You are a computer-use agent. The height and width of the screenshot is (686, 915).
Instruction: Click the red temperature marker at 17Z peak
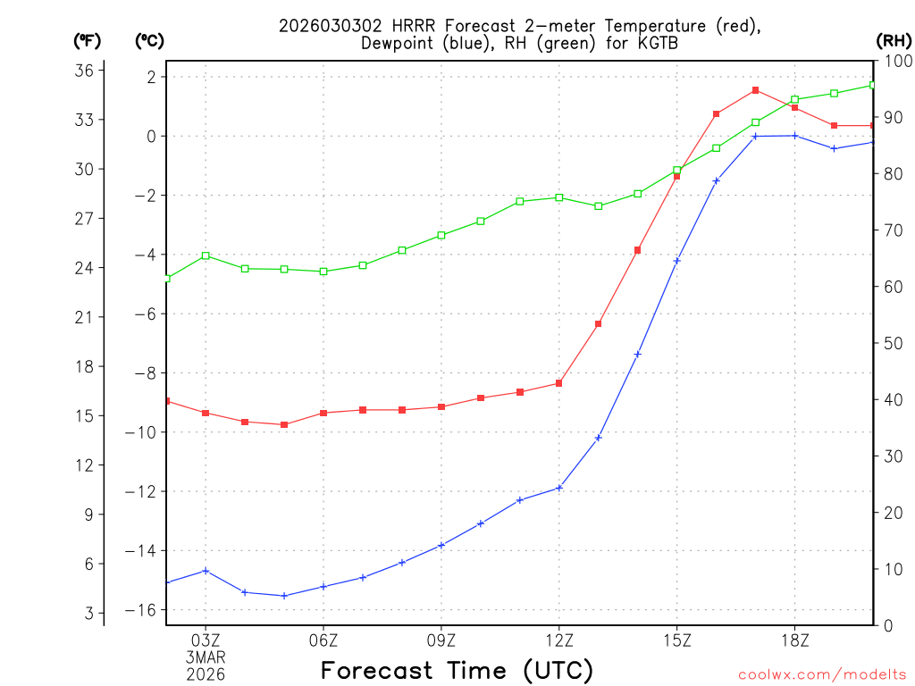[x=755, y=90]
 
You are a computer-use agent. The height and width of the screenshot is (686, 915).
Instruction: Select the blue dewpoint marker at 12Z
[x=559, y=488]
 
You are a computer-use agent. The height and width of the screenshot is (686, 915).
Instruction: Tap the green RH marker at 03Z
[x=206, y=255]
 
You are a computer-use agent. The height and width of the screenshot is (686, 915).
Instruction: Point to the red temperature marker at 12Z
[x=559, y=383]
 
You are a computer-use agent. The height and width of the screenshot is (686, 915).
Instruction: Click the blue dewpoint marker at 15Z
[x=676, y=261]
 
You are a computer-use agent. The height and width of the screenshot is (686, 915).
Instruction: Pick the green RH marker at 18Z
[x=794, y=99]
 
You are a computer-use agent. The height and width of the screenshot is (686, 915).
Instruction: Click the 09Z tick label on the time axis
[x=441, y=640]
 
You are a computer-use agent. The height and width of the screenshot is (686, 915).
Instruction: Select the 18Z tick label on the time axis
[x=794, y=640]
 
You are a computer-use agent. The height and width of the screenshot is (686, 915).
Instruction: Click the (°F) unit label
[x=87, y=40]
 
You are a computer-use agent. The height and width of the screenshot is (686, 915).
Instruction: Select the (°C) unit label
[x=149, y=40]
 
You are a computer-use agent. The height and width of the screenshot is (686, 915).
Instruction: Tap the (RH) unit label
[x=894, y=40]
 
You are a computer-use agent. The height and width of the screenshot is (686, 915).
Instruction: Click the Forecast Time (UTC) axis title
[x=457, y=670]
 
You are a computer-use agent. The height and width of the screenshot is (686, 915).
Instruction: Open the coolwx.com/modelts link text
[x=822, y=674]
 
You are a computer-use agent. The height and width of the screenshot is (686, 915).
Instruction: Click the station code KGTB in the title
[x=642, y=43]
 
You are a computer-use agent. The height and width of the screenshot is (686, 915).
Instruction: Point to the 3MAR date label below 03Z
[x=206, y=657]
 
